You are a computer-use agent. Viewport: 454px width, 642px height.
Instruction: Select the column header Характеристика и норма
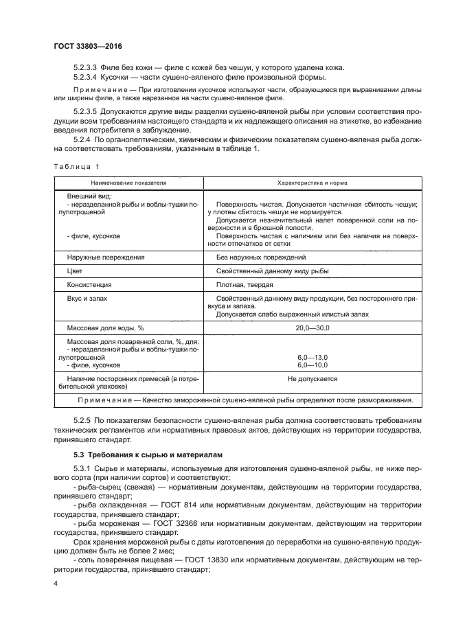click(x=312, y=184)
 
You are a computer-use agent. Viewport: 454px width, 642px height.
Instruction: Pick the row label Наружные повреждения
click(x=105, y=257)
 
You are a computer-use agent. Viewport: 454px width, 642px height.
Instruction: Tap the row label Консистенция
click(x=89, y=284)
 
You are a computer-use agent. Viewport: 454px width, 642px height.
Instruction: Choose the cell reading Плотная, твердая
click(x=244, y=284)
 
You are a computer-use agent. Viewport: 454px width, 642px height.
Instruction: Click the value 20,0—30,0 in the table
click(x=313, y=328)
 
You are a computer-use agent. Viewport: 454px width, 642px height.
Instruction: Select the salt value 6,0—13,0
click(x=313, y=358)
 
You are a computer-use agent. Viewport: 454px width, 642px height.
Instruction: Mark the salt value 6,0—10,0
click(x=313, y=365)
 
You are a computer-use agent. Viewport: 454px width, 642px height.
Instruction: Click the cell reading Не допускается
click(x=313, y=379)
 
